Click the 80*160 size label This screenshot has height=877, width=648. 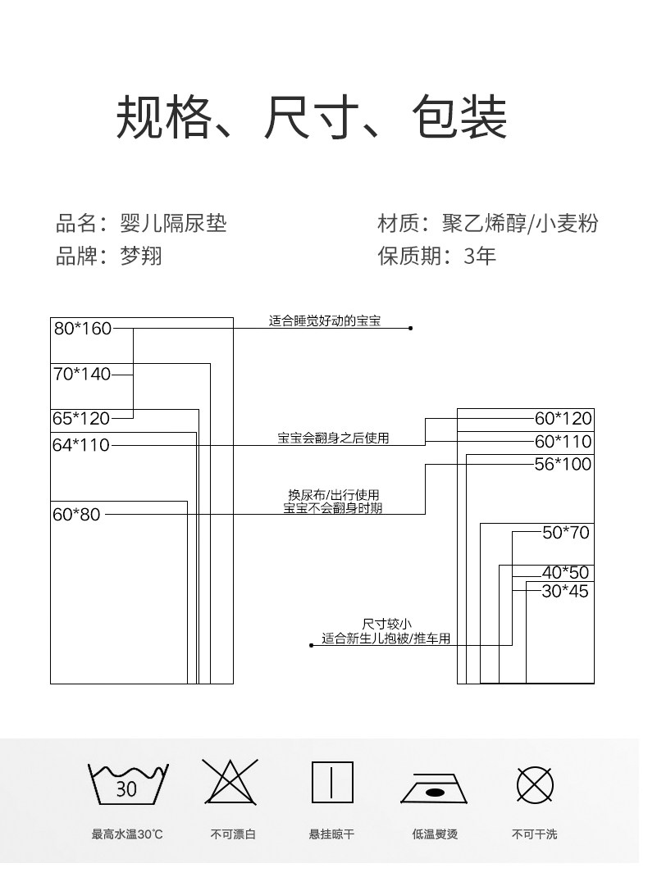(82, 329)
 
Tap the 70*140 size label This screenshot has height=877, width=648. (82, 375)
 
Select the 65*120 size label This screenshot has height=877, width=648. (81, 418)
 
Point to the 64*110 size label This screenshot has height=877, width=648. (81, 445)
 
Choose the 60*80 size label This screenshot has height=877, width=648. (76, 515)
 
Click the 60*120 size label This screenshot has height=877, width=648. (563, 419)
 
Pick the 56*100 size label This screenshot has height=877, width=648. (563, 464)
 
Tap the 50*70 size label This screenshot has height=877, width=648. (566, 533)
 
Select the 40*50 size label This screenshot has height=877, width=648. (566, 573)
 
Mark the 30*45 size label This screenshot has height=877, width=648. (566, 591)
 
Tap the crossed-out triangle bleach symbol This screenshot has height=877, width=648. (231, 783)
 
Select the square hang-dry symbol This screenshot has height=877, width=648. (332, 783)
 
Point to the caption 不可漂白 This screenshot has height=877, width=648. (232, 834)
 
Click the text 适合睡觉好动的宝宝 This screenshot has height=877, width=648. (325, 321)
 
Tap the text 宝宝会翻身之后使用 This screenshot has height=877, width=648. (333, 438)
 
